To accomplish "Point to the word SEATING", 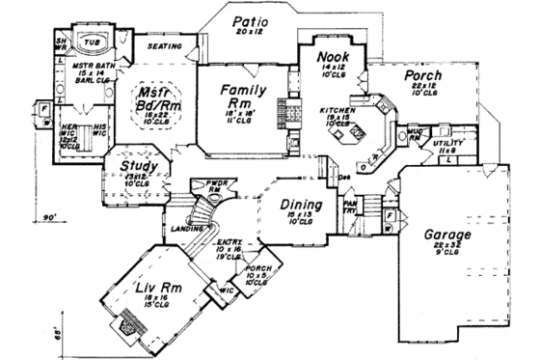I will (165, 45).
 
